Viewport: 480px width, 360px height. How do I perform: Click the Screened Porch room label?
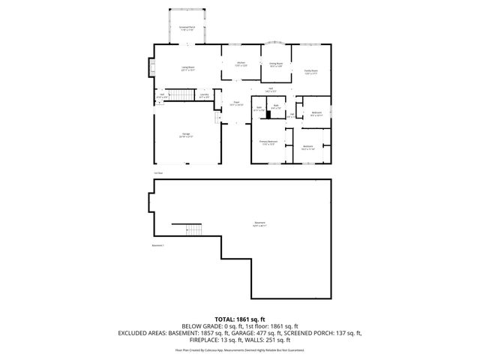(x=187, y=28)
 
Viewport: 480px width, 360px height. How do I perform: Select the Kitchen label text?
(x=241, y=64)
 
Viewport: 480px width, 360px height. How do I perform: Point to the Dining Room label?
(x=276, y=66)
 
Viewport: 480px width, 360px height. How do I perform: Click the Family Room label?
(x=310, y=72)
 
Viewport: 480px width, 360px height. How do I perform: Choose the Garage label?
(x=185, y=135)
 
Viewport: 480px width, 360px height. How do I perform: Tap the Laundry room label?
(x=204, y=95)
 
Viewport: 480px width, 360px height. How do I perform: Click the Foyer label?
(x=235, y=103)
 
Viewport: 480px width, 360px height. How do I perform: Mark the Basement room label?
(x=259, y=224)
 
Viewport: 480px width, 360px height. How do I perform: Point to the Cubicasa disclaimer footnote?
(x=239, y=349)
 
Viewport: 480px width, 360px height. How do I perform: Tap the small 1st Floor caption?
(x=157, y=173)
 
